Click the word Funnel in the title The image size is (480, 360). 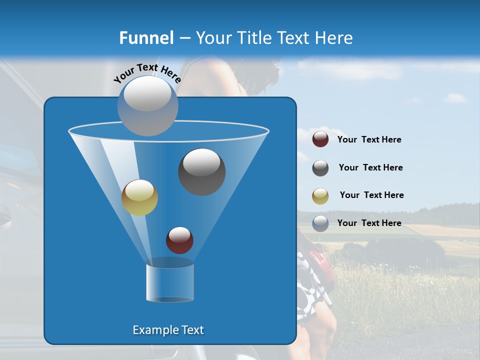click(x=146, y=38)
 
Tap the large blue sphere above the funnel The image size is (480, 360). click(x=147, y=105)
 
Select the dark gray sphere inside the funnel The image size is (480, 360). click(x=202, y=172)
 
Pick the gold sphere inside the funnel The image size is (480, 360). click(x=139, y=197)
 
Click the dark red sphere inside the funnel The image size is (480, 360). click(x=179, y=240)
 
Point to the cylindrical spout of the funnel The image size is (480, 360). click(x=170, y=282)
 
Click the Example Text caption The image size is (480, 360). click(x=168, y=330)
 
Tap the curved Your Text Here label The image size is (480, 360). click(x=147, y=73)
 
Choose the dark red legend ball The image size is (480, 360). click(x=320, y=139)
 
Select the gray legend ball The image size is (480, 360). click(x=320, y=168)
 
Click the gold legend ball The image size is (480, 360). click(x=320, y=196)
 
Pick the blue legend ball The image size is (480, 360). click(x=320, y=223)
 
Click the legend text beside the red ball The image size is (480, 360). click(x=369, y=140)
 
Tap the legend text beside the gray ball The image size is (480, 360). click(x=370, y=168)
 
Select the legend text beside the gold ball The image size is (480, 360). click(x=371, y=195)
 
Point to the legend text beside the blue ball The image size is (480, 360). click(x=369, y=223)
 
